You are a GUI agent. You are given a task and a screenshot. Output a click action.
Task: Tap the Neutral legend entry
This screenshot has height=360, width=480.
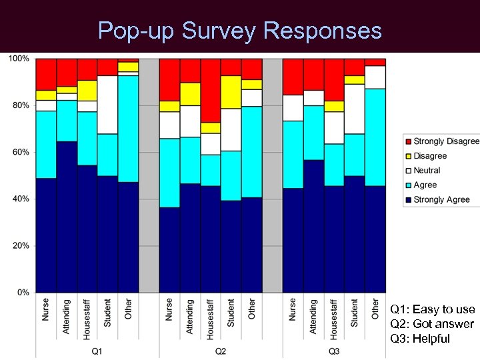427,171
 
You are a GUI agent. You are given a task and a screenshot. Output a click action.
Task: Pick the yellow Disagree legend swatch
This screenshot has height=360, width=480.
408,156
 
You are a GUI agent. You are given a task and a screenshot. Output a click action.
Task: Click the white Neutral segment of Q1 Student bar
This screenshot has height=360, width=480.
108,105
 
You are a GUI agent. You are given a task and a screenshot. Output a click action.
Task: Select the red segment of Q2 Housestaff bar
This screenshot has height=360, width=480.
211,90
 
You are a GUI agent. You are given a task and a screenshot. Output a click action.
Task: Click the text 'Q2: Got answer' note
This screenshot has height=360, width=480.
432,324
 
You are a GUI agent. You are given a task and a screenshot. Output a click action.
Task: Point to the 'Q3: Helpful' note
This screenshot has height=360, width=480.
420,339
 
